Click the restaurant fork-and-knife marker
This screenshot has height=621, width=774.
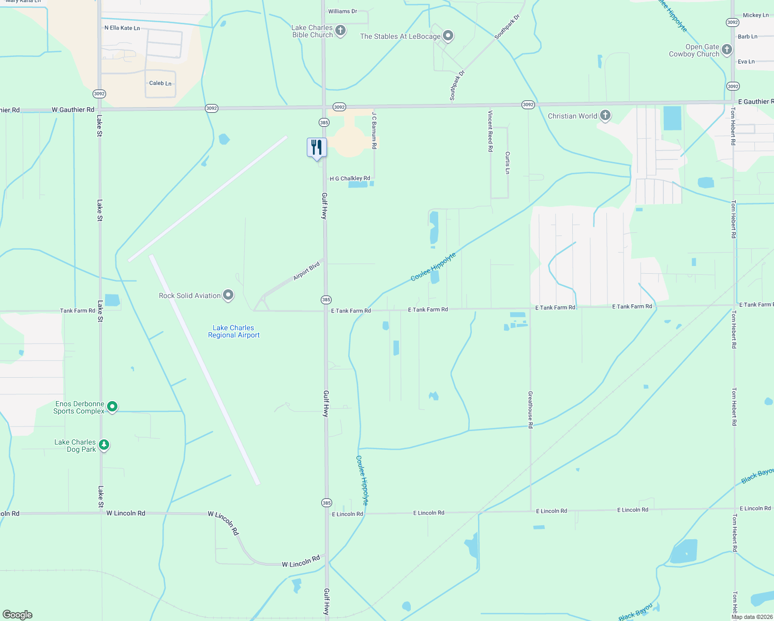pyautogui.click(x=317, y=147)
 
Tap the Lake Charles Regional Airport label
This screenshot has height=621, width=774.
pyautogui.click(x=234, y=331)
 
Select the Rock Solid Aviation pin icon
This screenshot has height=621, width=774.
pyautogui.click(x=228, y=295)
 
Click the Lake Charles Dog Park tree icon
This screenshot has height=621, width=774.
pyautogui.click(x=104, y=445)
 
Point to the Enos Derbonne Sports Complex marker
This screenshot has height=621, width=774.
pyautogui.click(x=112, y=407)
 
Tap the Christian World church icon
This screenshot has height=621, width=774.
pyautogui.click(x=605, y=115)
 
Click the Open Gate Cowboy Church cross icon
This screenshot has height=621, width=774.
pyautogui.click(x=727, y=50)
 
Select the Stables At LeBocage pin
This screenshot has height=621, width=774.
pyautogui.click(x=448, y=36)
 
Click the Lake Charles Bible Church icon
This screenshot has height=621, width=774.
pyautogui.click(x=340, y=31)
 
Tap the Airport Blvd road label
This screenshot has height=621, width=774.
pyautogui.click(x=306, y=271)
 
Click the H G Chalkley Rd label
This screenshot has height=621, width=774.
pyautogui.click(x=350, y=179)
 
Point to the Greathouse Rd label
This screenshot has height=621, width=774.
pyautogui.click(x=530, y=409)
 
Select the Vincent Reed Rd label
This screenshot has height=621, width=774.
pyautogui.click(x=490, y=130)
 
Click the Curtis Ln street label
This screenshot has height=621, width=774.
pyautogui.click(x=508, y=162)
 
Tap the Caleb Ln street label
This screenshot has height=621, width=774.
pyautogui.click(x=160, y=83)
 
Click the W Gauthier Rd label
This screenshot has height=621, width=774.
pyautogui.click(x=73, y=110)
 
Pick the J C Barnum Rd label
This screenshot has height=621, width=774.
pyautogui.click(x=374, y=132)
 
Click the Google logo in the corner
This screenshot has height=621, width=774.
pyautogui.click(x=17, y=614)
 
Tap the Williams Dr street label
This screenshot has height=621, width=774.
pyautogui.click(x=343, y=11)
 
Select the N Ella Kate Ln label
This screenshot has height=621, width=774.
pyautogui.click(x=122, y=28)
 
